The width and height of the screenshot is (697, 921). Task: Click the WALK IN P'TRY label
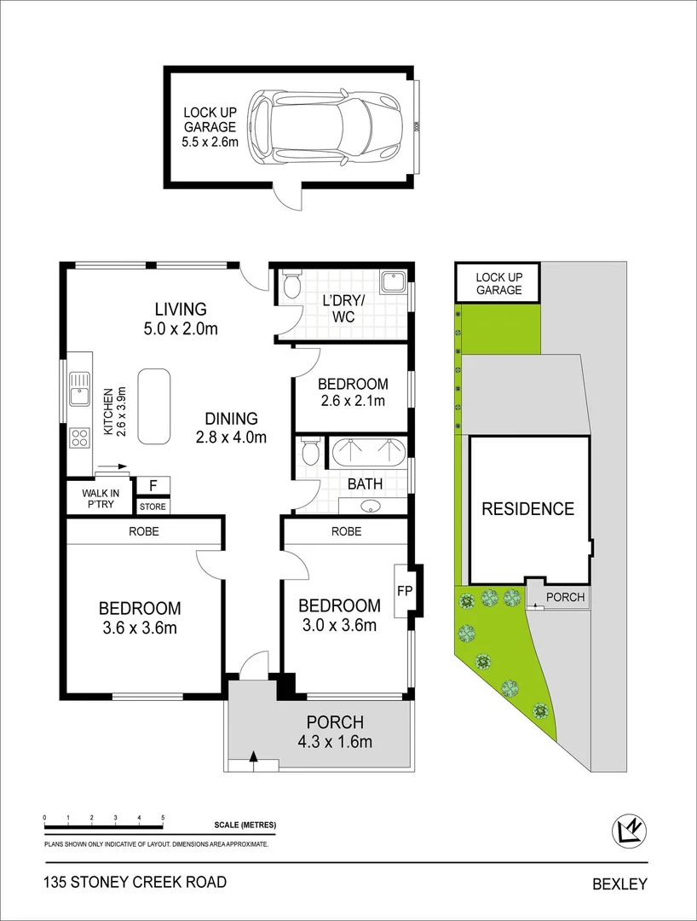point(101,499)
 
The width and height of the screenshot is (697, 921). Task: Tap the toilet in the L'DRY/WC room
point(291,284)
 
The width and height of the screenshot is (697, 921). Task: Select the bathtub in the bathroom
point(369,451)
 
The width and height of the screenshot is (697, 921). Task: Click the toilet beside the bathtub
point(310,450)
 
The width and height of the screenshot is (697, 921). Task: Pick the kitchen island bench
point(154,406)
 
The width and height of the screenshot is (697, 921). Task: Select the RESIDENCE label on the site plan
point(528,509)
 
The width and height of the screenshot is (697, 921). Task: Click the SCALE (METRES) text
point(245,825)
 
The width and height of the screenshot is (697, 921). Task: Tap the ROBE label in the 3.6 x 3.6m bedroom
point(144,531)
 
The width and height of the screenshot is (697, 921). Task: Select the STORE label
point(153,507)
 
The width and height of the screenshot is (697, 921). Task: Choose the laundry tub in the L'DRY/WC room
point(395,282)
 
